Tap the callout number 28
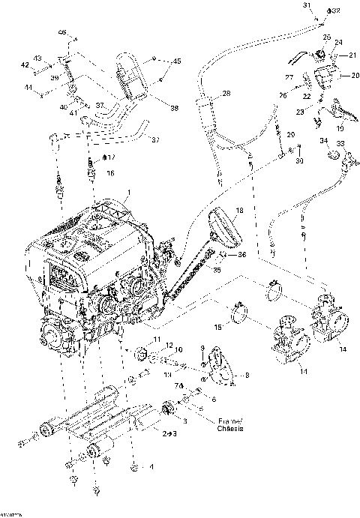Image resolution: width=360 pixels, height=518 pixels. tap(226, 94)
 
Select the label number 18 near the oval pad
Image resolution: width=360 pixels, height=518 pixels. tap(238, 212)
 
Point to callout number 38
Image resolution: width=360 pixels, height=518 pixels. tap(175, 109)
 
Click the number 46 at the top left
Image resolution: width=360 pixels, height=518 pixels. tap(62, 32)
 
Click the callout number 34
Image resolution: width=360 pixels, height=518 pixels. tap(323, 140)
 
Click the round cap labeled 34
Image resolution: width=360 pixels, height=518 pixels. tap(330, 154)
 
